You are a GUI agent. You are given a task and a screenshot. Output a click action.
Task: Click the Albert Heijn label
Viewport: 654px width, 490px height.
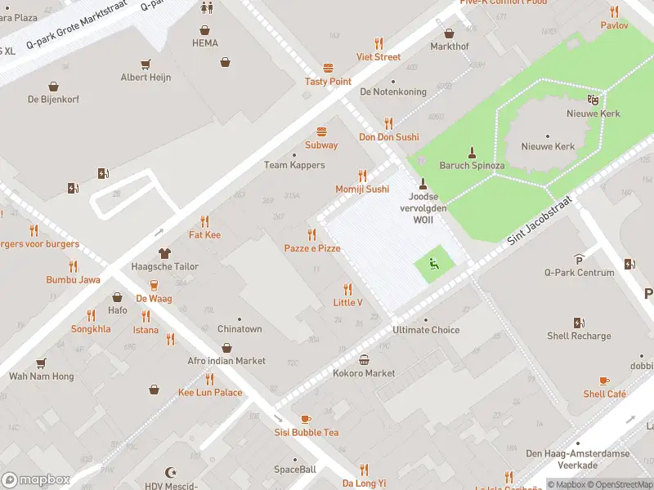pyautogui.click(x=146, y=78)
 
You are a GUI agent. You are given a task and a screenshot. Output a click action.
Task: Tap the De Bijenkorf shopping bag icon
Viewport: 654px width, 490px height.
pyautogui.click(x=53, y=86)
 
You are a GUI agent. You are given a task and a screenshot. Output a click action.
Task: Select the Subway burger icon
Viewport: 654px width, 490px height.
pyautogui.click(x=321, y=131)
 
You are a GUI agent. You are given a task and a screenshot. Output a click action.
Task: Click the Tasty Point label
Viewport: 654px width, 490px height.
pyautogui.click(x=328, y=82)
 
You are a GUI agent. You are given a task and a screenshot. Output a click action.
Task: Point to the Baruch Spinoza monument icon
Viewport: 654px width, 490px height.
pyautogui.click(x=472, y=152)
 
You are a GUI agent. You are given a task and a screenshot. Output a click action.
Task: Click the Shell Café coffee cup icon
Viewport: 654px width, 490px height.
pyautogui.click(x=604, y=381)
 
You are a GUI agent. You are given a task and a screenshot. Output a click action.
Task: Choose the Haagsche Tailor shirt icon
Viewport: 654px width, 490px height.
pyautogui.click(x=164, y=253)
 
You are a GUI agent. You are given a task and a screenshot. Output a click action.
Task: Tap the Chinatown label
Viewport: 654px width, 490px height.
pyautogui.click(x=240, y=329)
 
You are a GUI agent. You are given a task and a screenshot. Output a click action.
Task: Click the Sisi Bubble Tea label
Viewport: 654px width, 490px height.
pyautogui.click(x=306, y=432)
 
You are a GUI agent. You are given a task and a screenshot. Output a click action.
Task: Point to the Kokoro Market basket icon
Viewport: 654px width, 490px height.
pyautogui.click(x=364, y=359)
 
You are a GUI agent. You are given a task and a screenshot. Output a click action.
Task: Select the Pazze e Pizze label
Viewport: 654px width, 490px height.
pyautogui.click(x=311, y=247)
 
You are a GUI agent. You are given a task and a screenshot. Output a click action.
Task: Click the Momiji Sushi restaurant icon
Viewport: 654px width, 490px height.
pyautogui.click(x=362, y=176)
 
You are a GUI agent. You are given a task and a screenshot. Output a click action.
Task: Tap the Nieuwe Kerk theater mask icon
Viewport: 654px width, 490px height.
pyautogui.click(x=593, y=100)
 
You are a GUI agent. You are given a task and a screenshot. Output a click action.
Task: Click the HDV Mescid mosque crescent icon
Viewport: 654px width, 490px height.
pyautogui.click(x=171, y=473)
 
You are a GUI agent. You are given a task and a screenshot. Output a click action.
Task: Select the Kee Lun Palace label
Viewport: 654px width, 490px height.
pyautogui.click(x=210, y=392)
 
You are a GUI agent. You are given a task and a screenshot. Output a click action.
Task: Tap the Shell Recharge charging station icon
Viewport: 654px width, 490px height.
pyautogui.click(x=579, y=323)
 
